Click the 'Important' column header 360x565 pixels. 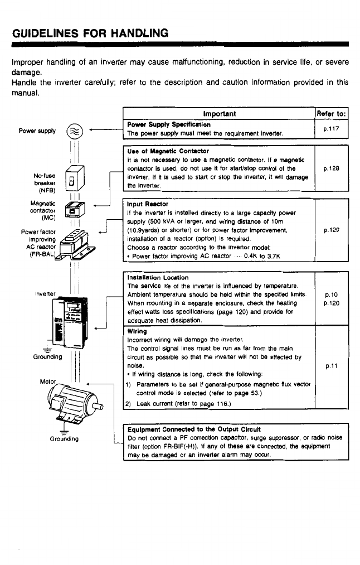pyautogui.click(x=220, y=114)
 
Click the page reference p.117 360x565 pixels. pyautogui.click(x=332, y=129)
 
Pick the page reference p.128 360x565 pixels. pyautogui.click(x=332, y=167)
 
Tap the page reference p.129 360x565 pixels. pyautogui.click(x=332, y=229)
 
